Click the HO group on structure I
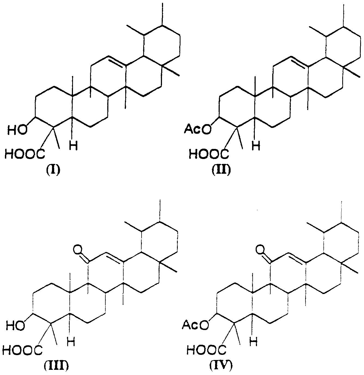click(x=17, y=130)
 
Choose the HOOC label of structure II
click(x=209, y=154)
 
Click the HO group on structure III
click(x=16, y=325)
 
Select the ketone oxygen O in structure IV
click(x=260, y=250)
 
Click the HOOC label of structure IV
click(x=206, y=350)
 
